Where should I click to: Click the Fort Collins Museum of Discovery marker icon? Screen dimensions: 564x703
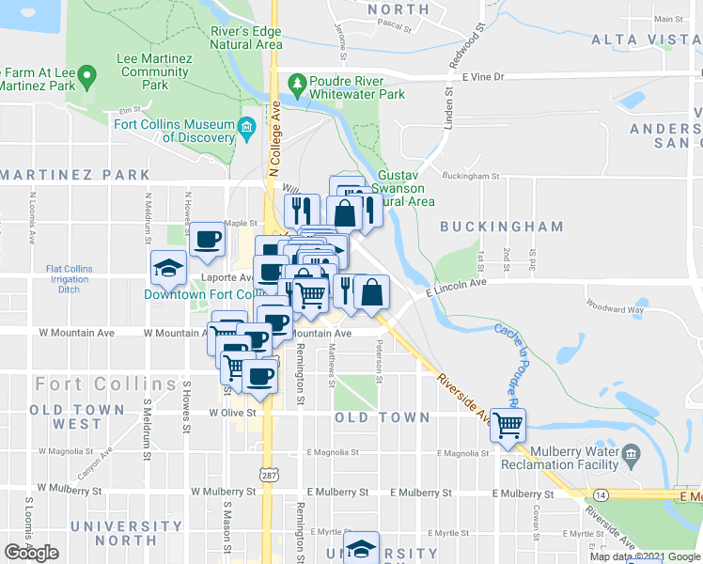click(x=246, y=127)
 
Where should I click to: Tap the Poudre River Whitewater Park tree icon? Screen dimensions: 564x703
click(x=297, y=84)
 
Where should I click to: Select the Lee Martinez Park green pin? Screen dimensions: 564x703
click(x=86, y=73)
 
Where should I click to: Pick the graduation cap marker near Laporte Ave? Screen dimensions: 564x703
click(x=169, y=269)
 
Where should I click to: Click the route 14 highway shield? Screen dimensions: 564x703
click(x=601, y=493)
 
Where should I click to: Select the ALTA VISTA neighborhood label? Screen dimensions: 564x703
click(x=646, y=39)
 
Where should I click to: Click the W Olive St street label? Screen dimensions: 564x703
click(x=233, y=412)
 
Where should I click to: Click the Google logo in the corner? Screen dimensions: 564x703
click(x=32, y=553)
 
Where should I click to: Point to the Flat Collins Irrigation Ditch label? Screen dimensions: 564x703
click(x=70, y=279)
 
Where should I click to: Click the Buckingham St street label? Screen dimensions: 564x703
click(x=470, y=176)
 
